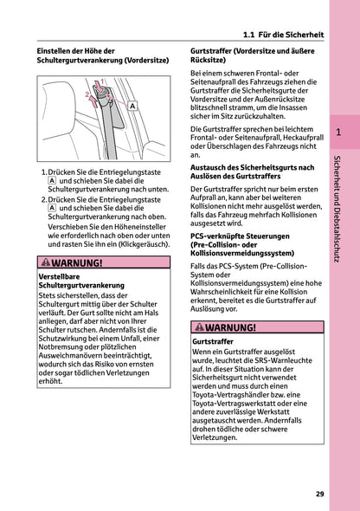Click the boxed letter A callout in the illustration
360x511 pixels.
(133, 106)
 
